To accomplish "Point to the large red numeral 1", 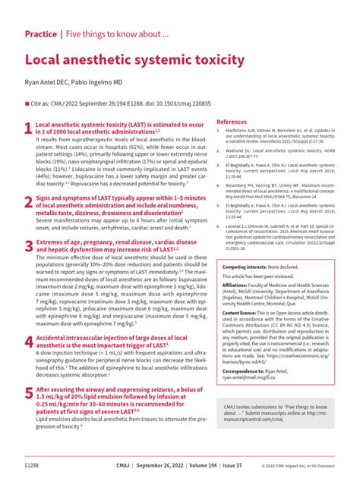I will tap(29, 129).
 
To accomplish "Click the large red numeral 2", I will tap(29, 200).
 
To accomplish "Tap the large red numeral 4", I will tap(29, 343).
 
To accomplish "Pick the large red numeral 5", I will tap(29, 393).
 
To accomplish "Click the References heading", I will tap(232, 122).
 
